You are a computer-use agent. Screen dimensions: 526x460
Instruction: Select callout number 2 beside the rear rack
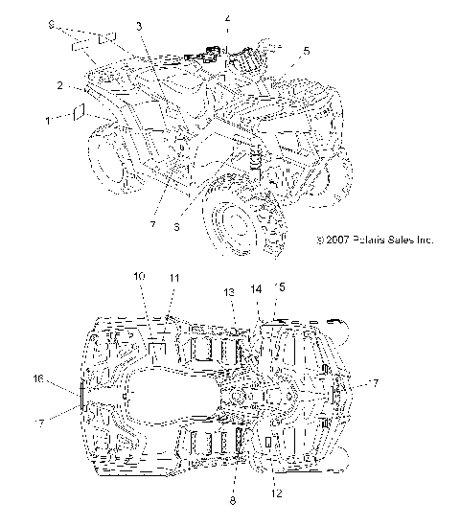click(x=60, y=86)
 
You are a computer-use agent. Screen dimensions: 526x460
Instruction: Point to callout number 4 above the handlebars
click(x=227, y=18)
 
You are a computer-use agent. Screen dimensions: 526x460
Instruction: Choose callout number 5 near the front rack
click(x=306, y=50)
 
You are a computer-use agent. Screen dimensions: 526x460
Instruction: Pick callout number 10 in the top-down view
click(x=139, y=276)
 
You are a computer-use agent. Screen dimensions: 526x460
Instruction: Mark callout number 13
click(x=229, y=291)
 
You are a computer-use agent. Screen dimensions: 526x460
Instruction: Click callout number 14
click(x=256, y=287)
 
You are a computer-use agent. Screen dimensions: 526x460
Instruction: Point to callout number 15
click(x=280, y=286)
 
